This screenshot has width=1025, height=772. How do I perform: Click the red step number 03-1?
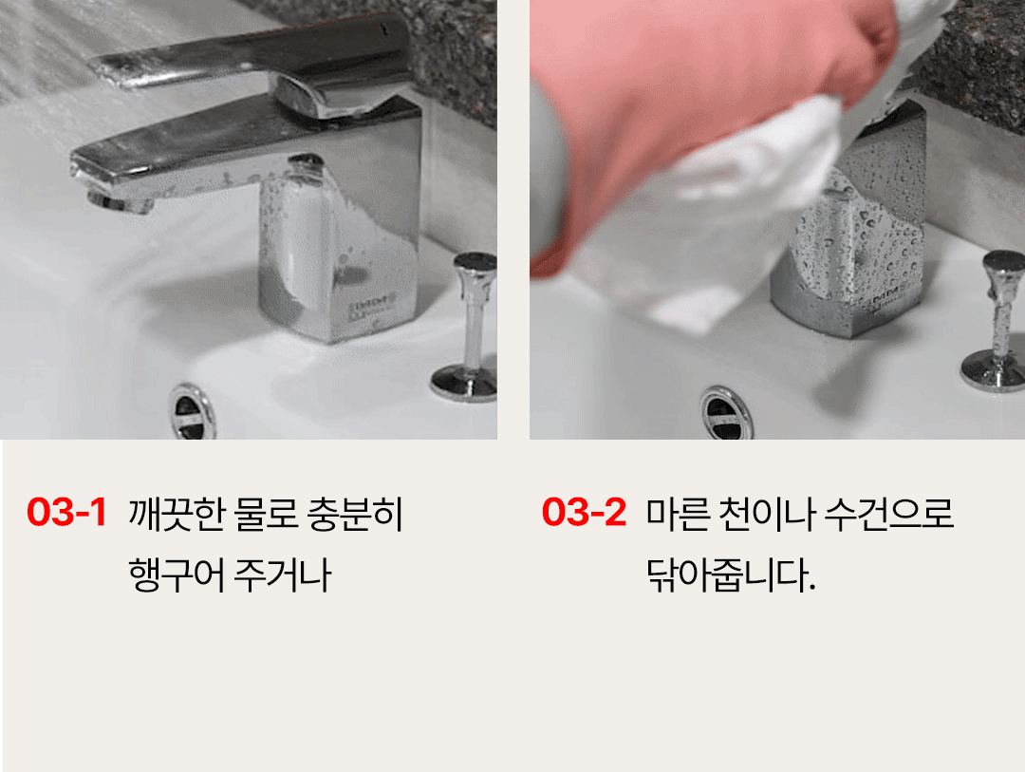[66, 512]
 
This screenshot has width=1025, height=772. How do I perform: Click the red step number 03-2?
[584, 512]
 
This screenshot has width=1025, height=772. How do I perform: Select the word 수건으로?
[889, 514]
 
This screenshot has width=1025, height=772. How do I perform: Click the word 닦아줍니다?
[731, 575]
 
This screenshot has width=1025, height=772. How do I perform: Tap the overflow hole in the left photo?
[192, 412]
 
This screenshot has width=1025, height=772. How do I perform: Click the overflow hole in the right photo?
[726, 413]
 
